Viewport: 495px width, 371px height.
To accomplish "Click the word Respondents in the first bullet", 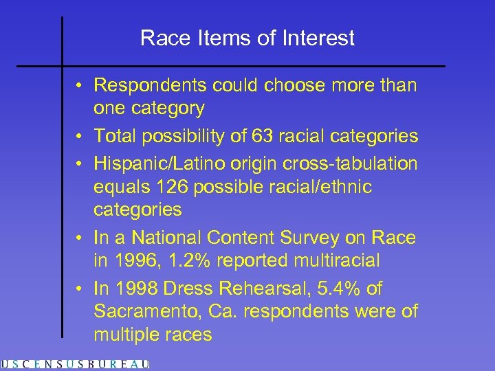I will click(153, 85).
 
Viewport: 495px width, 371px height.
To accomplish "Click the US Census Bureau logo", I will click(75, 364).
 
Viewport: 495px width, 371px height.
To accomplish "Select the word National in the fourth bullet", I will click(167, 238).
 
